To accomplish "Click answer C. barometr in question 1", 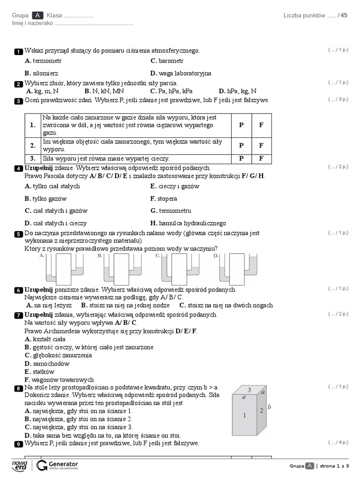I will [167, 61].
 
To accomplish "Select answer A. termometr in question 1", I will [43, 61].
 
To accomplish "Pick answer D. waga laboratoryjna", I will [180, 73].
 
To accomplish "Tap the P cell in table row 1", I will [241, 125].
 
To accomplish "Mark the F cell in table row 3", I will [262, 158].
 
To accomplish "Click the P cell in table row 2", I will [241, 145].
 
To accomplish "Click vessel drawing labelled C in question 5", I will [179, 270].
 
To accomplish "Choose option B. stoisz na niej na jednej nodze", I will [125, 305].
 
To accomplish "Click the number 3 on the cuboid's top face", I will [249, 390].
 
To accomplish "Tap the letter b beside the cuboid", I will [270, 407].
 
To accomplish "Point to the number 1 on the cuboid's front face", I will [244, 415].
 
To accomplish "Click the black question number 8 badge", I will [18, 389].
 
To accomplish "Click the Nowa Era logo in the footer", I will [20, 465].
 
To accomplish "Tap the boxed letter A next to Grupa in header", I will [38, 15].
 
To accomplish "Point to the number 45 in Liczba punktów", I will [344, 15].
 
